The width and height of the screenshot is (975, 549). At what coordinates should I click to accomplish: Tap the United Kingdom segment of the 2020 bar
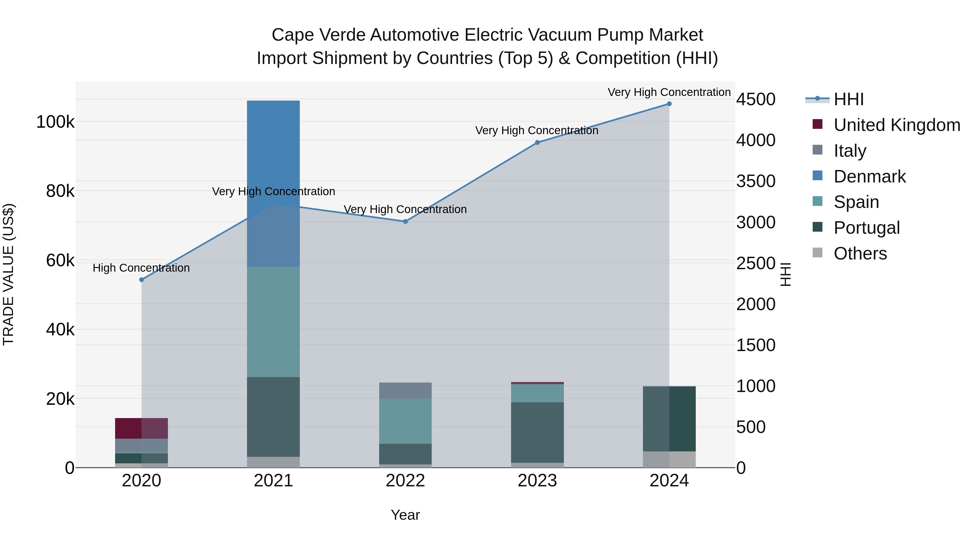141,428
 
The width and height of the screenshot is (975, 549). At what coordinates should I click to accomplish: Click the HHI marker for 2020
142,280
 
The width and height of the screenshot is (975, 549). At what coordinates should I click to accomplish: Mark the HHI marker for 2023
537,142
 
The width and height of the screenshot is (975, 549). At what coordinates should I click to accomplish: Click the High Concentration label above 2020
141,268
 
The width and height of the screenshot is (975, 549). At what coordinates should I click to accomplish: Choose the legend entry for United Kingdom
896,125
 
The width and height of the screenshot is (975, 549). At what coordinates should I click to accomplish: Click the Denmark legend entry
869,176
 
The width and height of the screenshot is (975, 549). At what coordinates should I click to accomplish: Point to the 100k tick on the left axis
55,122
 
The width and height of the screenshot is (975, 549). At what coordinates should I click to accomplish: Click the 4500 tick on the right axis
755,100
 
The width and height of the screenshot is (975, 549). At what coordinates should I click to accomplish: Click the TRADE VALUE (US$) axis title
8,274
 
